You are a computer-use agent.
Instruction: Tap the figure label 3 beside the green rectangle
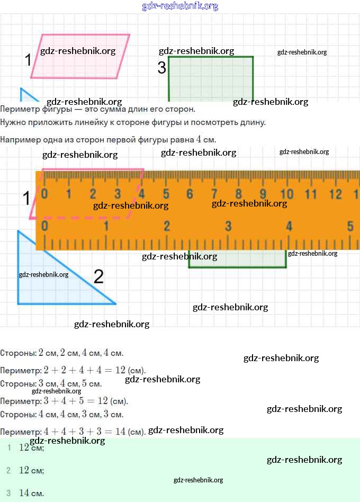(x=161, y=68)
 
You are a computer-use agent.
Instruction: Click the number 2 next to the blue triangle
(x=98, y=276)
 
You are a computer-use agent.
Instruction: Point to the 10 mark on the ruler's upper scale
(x=286, y=194)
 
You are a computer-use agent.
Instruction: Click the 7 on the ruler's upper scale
(x=214, y=194)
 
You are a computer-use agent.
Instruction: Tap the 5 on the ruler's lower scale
(x=350, y=226)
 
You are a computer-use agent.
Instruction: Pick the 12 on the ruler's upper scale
(x=335, y=194)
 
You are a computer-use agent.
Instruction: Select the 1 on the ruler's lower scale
(x=106, y=226)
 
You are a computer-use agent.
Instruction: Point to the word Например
(x=18, y=139)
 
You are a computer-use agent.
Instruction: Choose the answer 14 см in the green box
(x=31, y=493)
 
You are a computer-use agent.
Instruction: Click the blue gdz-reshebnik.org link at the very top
(x=180, y=6)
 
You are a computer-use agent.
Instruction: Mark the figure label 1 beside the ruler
(x=26, y=199)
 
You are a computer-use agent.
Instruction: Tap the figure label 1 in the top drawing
(x=29, y=60)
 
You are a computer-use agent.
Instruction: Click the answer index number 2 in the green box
(x=8, y=470)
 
